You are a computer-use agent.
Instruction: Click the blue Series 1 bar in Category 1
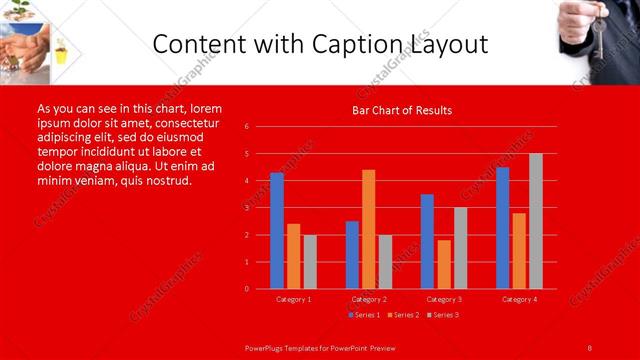tap(277, 231)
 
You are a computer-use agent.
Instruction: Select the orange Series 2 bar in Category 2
tap(369, 229)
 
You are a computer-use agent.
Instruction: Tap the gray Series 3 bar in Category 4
tap(536, 221)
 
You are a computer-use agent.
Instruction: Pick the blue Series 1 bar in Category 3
tap(427, 241)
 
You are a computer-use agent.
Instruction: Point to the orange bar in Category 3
tap(444, 264)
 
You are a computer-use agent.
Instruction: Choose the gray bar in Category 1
tap(310, 262)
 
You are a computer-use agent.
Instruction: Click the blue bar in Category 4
tap(502, 228)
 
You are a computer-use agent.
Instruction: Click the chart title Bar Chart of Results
tap(402, 110)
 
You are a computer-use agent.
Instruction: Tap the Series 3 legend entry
tap(443, 315)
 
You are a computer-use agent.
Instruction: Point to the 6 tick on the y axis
tap(260, 127)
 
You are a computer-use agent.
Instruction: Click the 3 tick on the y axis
tap(260, 208)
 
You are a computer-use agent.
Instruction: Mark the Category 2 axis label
tap(369, 299)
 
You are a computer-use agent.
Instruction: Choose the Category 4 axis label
tap(519, 299)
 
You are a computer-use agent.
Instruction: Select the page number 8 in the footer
tap(590, 347)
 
